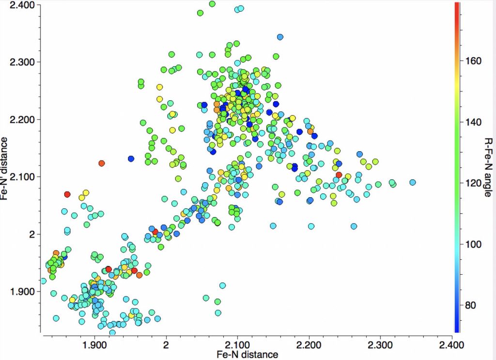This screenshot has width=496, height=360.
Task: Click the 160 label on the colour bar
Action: (x=471, y=61)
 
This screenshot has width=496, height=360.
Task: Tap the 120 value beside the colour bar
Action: (x=471, y=183)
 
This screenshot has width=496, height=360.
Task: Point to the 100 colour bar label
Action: (x=471, y=244)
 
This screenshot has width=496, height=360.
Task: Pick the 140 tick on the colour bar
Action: (x=471, y=122)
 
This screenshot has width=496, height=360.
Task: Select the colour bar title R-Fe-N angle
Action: (x=488, y=167)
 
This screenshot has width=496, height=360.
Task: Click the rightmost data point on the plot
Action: (x=413, y=182)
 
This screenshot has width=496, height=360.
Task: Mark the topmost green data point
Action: (x=212, y=4)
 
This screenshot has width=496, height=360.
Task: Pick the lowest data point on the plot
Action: (x=112, y=332)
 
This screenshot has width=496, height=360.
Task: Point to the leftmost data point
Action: (x=43, y=281)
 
